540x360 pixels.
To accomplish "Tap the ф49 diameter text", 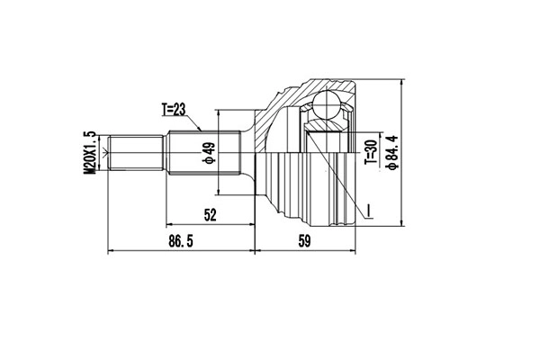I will click(x=208, y=154).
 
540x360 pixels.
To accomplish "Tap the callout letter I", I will click(x=369, y=211).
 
